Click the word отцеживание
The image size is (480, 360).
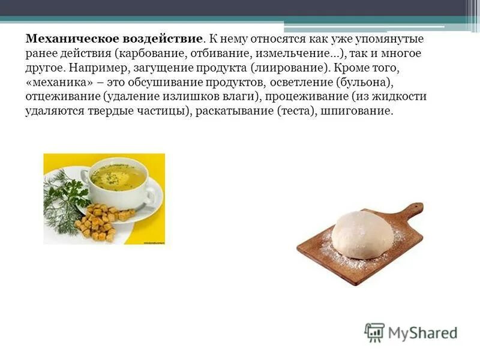[61, 97]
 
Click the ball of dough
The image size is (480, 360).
[362, 234]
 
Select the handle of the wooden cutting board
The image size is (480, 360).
[412, 210]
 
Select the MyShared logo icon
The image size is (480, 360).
[374, 332]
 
